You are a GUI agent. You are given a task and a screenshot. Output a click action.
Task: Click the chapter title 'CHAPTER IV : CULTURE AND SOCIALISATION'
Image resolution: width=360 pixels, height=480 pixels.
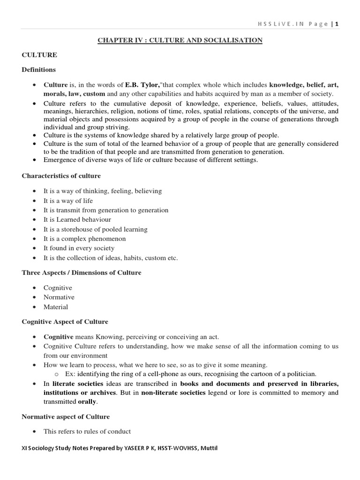(x=180, y=40)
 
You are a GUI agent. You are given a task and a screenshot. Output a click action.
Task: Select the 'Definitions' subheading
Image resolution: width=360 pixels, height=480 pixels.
(x=38, y=69)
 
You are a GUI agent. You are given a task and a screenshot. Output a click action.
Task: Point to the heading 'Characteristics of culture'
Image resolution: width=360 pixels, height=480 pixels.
(x=61, y=176)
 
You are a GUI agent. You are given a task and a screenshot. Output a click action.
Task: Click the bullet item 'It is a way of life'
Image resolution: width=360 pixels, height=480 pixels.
(x=68, y=201)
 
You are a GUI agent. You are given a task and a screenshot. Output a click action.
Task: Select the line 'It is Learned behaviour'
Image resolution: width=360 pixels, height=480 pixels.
(x=77, y=219)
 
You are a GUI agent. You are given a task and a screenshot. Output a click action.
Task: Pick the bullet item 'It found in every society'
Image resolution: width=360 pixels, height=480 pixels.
(x=79, y=248)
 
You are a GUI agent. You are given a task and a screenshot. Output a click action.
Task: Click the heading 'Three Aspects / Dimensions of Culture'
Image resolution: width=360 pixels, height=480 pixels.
(x=81, y=272)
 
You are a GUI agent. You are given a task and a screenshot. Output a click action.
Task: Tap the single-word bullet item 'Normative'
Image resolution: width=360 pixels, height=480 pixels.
(x=59, y=297)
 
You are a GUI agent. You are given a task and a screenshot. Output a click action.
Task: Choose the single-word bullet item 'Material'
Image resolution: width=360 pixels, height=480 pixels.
(x=56, y=307)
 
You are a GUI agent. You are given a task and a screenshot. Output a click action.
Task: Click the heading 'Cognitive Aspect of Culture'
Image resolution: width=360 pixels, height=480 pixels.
(x=65, y=322)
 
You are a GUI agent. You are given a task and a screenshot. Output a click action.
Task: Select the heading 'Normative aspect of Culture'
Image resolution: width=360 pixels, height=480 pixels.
(x=66, y=416)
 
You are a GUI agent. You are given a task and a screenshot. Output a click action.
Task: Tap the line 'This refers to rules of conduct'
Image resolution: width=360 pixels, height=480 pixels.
(x=87, y=431)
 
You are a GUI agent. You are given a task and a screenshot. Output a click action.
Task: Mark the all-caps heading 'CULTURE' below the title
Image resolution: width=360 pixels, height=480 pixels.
(x=39, y=55)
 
